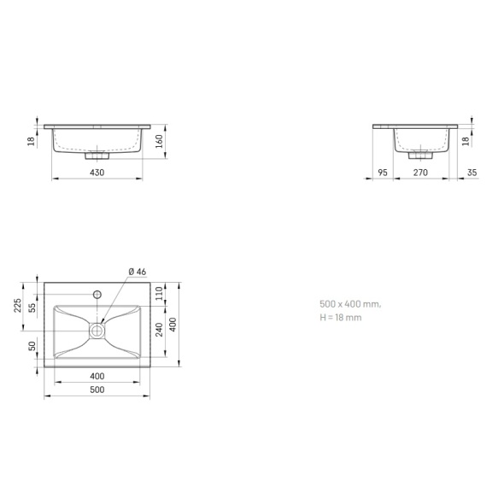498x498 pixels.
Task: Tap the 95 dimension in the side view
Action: pyautogui.click(x=383, y=173)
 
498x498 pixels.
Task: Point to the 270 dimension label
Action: pyautogui.click(x=420, y=173)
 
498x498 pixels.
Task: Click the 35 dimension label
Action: pyautogui.click(x=472, y=173)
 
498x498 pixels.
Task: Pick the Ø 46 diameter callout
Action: pyautogui.click(x=137, y=272)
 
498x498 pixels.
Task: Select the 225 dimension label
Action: pyautogui.click(x=18, y=305)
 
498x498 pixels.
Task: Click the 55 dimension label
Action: pyautogui.click(x=33, y=308)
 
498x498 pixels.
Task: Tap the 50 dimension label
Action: pyautogui.click(x=33, y=346)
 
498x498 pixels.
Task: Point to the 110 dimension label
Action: pyautogui.click(x=160, y=292)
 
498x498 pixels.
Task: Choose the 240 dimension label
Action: pyautogui.click(x=160, y=330)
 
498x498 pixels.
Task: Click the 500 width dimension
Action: pyautogui.click(x=97, y=390)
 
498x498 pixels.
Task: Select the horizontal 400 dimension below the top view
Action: pyautogui.click(x=97, y=376)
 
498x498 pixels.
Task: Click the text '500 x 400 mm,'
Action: pyautogui.click(x=349, y=304)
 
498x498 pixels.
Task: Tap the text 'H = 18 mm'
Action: pyautogui.click(x=341, y=317)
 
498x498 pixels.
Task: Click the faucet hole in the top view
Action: pyautogui.click(x=97, y=294)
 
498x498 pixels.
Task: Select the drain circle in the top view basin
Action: pyautogui.click(x=97, y=329)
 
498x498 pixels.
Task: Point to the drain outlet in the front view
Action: pyautogui.click(x=97, y=155)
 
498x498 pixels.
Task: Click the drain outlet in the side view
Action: pyautogui.click(x=419, y=155)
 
